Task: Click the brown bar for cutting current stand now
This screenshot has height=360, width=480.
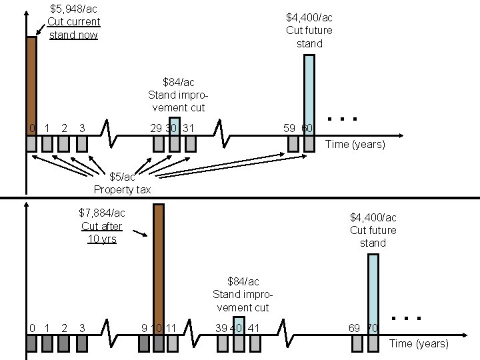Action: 31,83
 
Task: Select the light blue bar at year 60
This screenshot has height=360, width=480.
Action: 308,93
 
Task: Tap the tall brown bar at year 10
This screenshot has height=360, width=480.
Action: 159,267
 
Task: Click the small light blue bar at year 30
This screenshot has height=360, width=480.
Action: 175,125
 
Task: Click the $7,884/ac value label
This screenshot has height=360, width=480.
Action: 101,213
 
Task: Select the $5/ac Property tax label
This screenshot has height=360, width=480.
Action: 122,183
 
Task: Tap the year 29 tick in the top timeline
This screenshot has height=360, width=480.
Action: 157,127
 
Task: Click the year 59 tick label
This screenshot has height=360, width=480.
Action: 290,127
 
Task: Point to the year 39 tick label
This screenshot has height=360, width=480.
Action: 221,327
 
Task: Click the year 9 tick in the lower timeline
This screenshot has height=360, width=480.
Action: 144,327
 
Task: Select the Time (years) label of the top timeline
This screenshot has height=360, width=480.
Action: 355,144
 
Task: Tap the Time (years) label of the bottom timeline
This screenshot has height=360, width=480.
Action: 419,343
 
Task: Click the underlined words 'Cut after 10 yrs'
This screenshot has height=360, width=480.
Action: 101,232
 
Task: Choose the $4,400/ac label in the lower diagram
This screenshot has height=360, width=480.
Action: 373,217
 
